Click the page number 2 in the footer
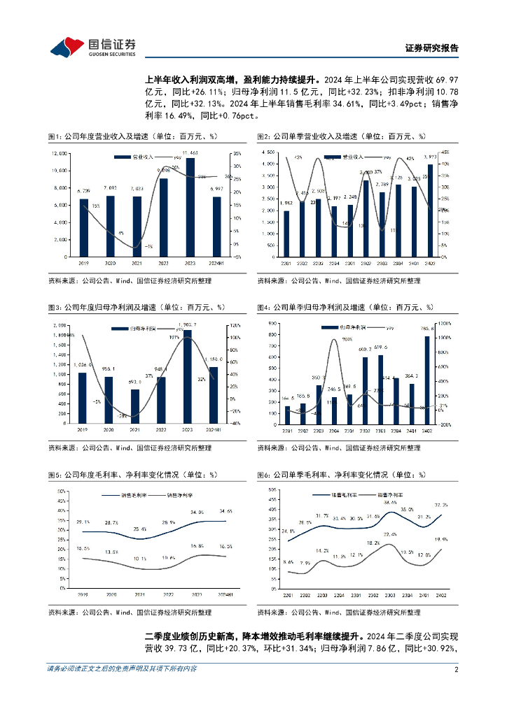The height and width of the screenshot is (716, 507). (456, 668)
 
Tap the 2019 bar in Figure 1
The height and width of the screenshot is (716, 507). (84, 227)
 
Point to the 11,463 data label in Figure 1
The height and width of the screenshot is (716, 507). (189, 152)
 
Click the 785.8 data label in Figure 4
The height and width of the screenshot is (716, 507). (426, 329)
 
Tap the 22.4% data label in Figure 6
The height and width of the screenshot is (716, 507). (390, 535)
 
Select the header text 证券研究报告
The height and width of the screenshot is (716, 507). (432, 48)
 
